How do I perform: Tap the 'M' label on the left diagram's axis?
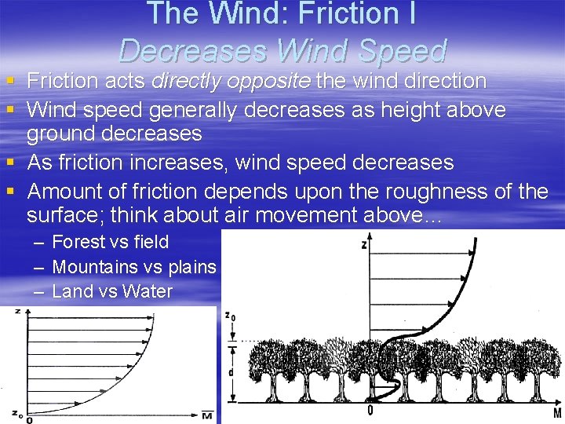pos(206,415)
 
